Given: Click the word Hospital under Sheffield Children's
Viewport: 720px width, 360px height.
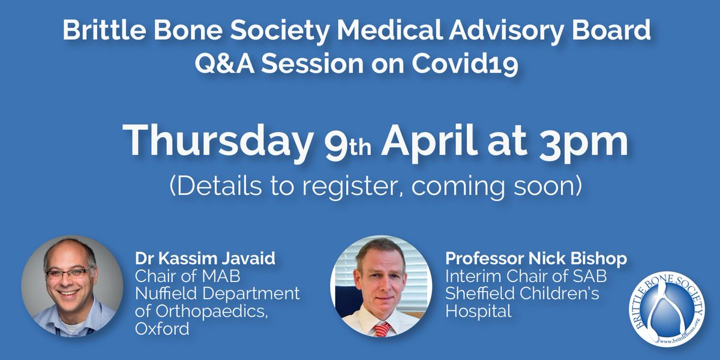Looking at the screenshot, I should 478,311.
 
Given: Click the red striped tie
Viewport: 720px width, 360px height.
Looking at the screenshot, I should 382,328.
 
